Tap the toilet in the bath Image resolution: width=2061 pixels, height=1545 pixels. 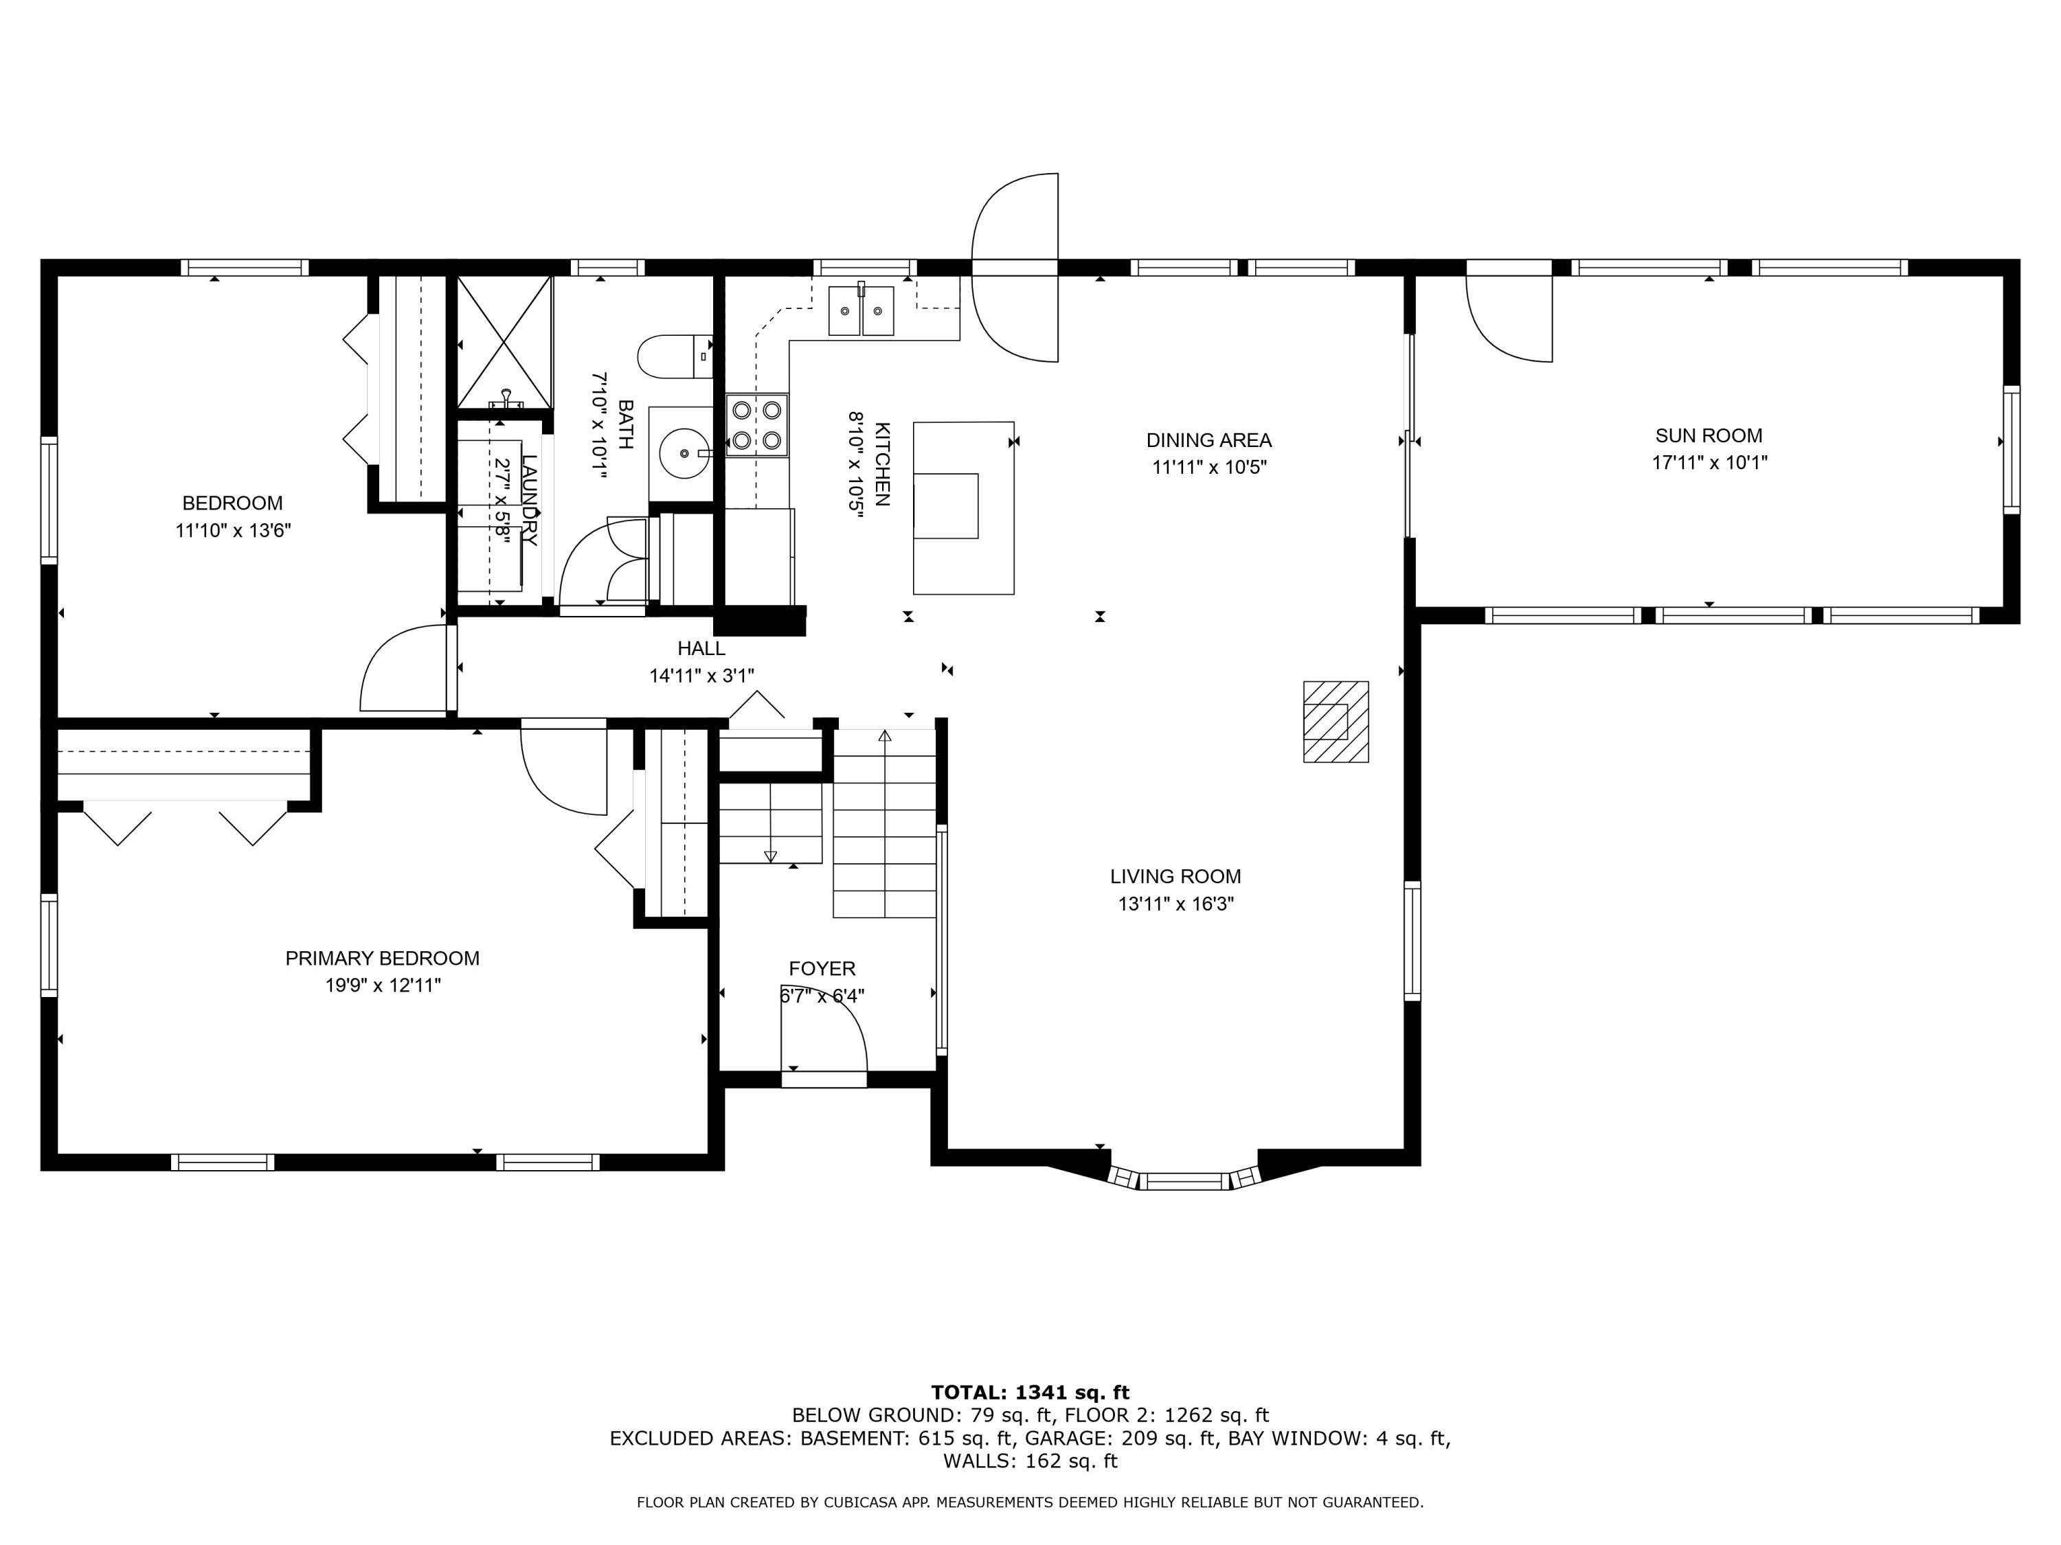pyautogui.click(x=673, y=356)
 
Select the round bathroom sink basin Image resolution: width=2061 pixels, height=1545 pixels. pyautogui.click(x=685, y=453)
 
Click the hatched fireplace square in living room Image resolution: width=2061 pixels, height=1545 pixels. pyautogui.click(x=1334, y=722)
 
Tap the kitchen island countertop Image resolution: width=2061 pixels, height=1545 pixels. pyautogui.click(x=962, y=507)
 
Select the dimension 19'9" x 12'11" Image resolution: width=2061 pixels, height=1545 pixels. pyautogui.click(x=382, y=985)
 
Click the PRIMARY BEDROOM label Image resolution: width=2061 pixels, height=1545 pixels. pyautogui.click(x=382, y=959)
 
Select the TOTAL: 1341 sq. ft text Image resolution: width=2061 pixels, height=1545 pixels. pyautogui.click(x=1030, y=1393)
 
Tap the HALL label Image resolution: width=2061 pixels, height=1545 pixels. pyautogui.click(x=701, y=648)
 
